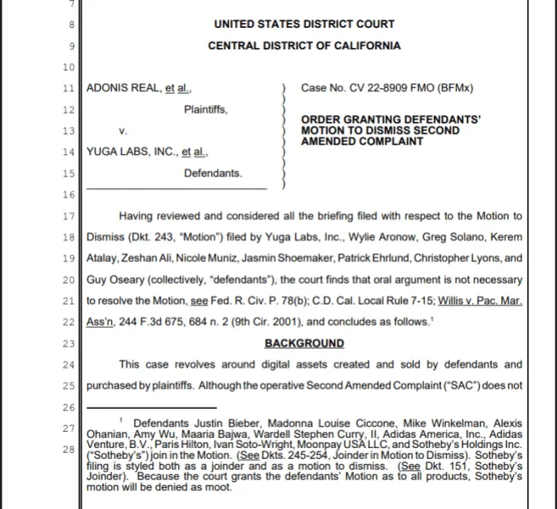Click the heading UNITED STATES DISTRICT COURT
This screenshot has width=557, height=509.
point(304,25)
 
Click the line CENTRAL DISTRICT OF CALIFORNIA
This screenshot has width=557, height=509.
point(304,46)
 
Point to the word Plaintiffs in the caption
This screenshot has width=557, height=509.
point(205,110)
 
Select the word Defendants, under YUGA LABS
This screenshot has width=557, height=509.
point(213,174)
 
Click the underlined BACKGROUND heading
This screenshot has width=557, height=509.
point(304,343)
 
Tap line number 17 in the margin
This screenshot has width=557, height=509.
point(68,216)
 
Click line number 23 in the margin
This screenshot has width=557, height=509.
point(68,344)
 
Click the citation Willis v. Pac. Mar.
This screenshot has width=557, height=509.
point(470,301)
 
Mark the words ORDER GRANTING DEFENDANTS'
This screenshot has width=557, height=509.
point(391,120)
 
